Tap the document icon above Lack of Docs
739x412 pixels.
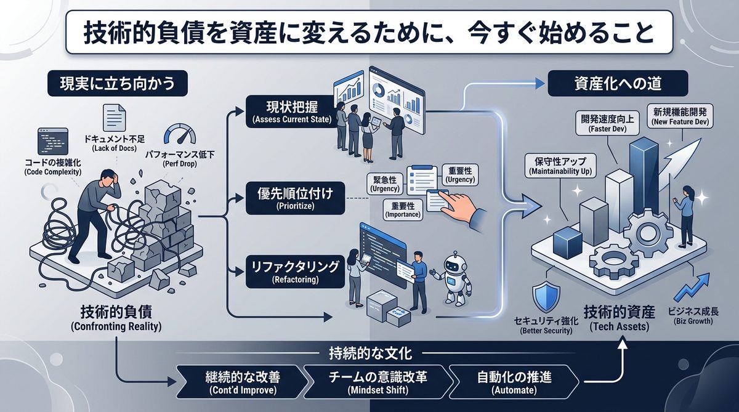click(114, 117)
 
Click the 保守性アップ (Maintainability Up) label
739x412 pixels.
click(559, 166)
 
